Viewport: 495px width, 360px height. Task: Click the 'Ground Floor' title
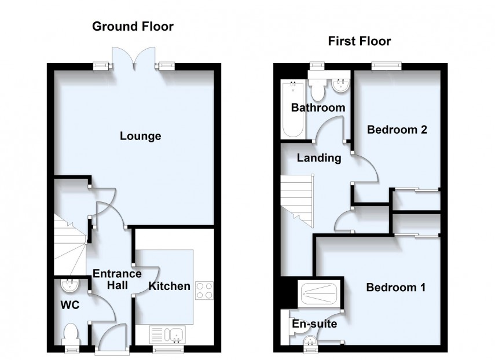(133, 26)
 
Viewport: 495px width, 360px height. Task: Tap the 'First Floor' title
(359, 41)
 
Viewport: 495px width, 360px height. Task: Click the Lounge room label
(140, 137)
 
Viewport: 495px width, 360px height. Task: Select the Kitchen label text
(169, 286)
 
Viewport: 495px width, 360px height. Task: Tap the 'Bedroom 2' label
(397, 130)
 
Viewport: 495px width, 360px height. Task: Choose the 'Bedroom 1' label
(397, 287)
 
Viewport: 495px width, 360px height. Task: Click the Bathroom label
(318, 108)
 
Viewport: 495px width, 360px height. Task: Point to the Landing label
(319, 157)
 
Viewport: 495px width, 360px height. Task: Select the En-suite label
(314, 324)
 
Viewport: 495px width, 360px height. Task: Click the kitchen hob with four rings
(204, 290)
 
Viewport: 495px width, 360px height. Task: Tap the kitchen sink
(167, 334)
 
